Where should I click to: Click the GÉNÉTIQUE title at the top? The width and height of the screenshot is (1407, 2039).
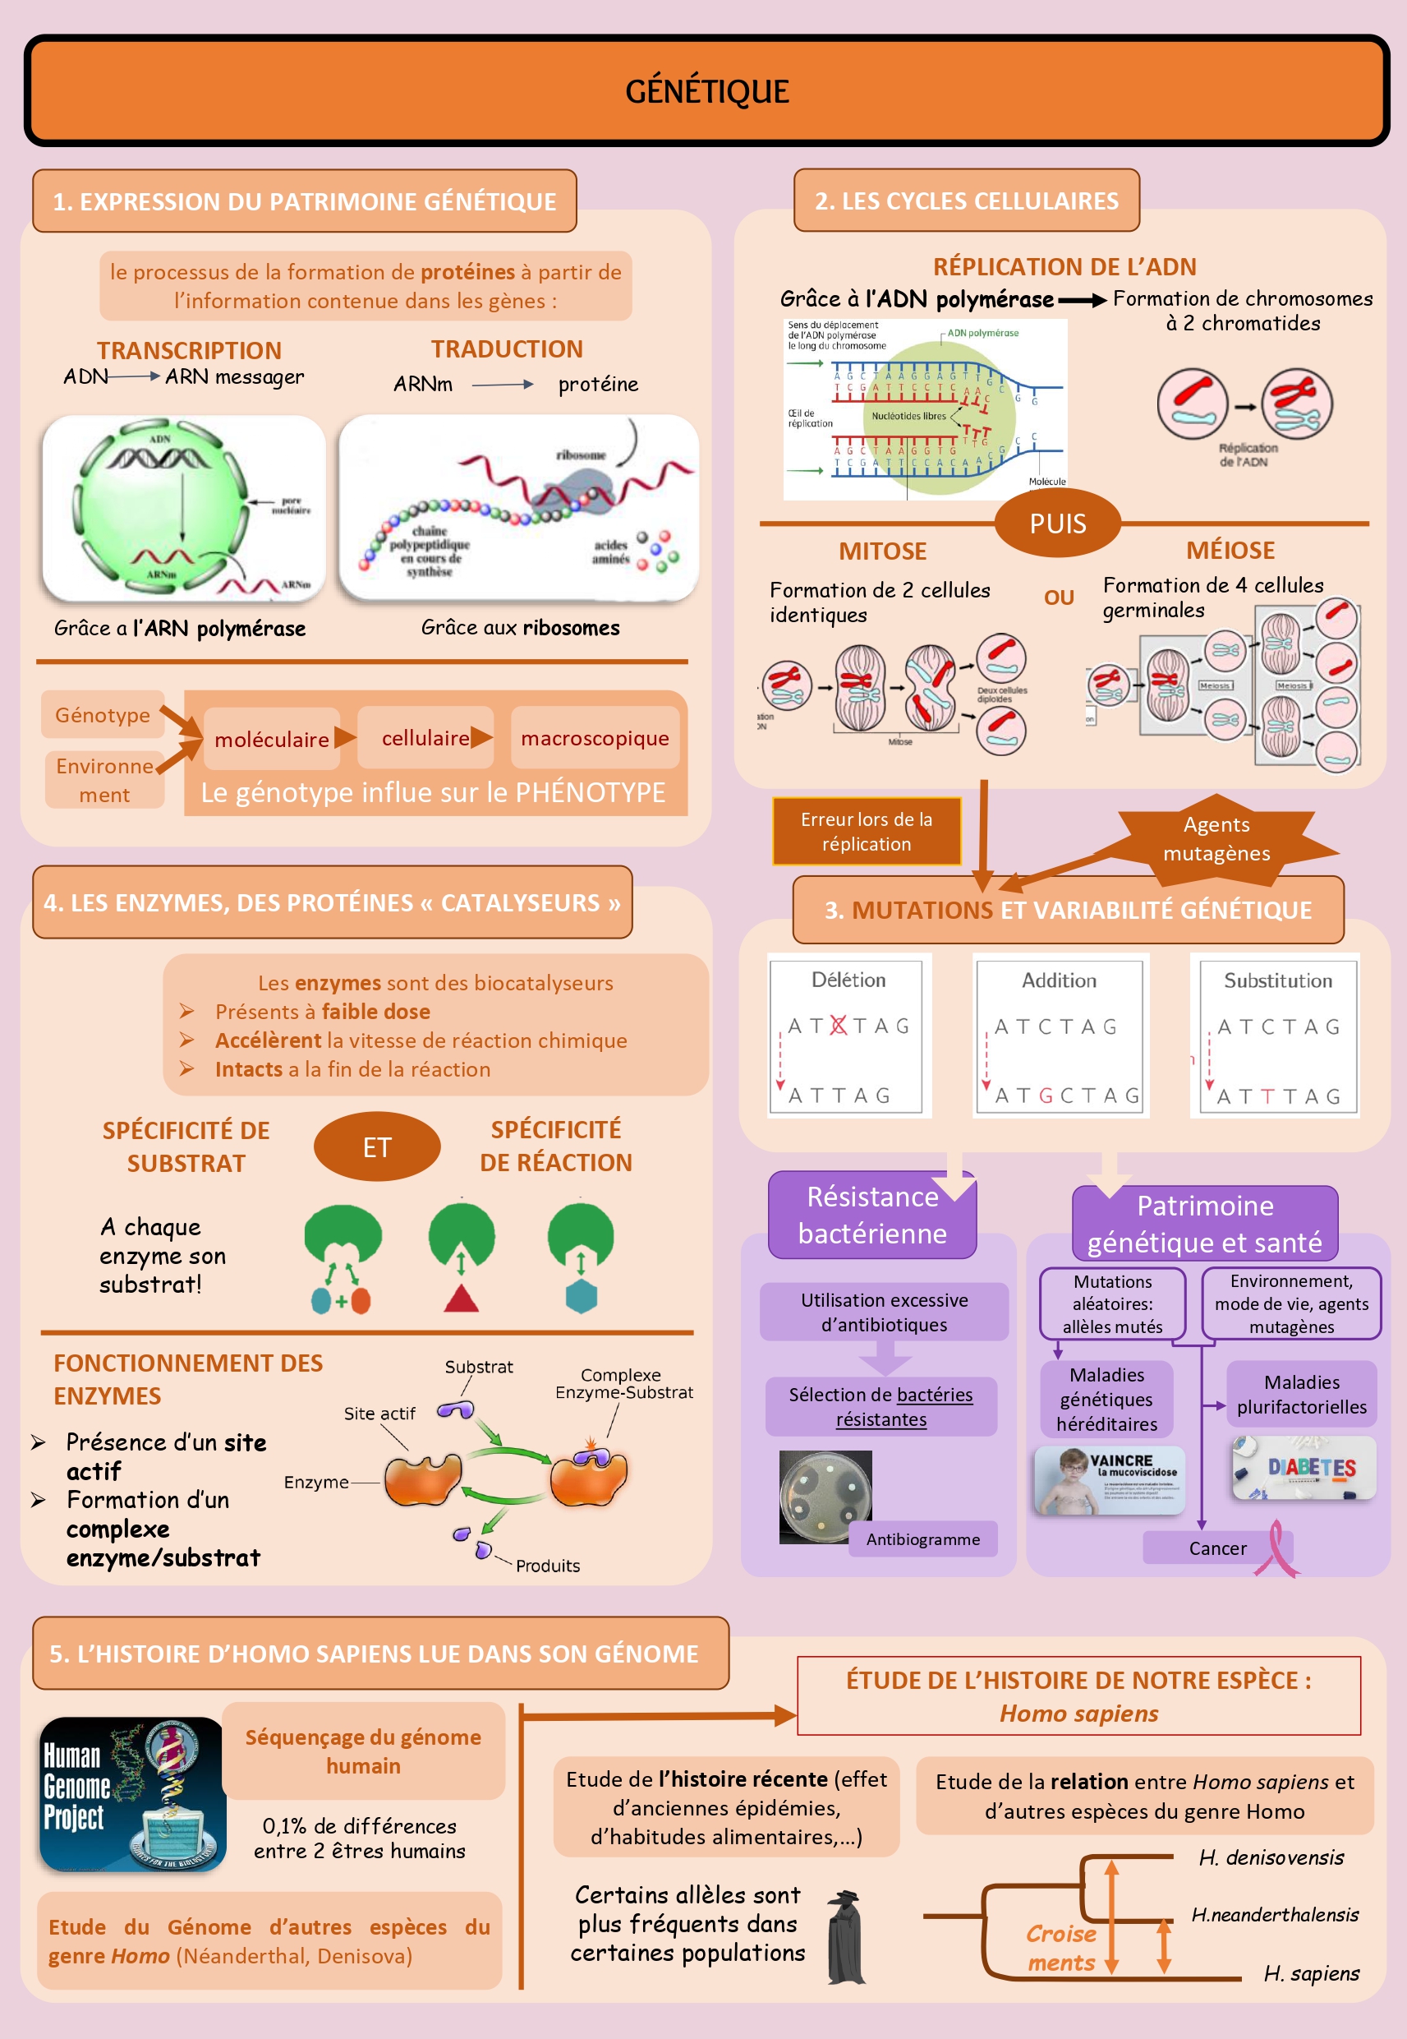pyautogui.click(x=706, y=91)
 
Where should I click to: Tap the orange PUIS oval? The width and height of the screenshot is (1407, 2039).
pyautogui.click(x=1057, y=523)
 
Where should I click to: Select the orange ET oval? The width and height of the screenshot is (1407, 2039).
pyautogui.click(x=376, y=1146)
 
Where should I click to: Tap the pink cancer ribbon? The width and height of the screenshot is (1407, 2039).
pyautogui.click(x=1277, y=1548)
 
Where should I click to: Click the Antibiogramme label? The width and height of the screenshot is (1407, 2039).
pyautogui.click(x=922, y=1539)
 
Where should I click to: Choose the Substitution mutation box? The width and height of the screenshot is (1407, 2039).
pyautogui.click(x=1276, y=1036)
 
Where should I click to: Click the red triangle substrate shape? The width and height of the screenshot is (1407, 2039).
pyautogui.click(x=461, y=1299)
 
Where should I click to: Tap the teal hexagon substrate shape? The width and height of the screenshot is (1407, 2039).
pyautogui.click(x=581, y=1296)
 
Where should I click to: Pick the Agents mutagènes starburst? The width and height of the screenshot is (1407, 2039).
pyautogui.click(x=1216, y=839)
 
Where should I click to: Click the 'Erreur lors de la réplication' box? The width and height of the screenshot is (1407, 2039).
pyautogui.click(x=866, y=831)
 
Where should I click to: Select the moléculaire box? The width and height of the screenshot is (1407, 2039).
pyautogui.click(x=272, y=738)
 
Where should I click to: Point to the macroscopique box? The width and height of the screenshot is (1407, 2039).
pyautogui.click(x=595, y=737)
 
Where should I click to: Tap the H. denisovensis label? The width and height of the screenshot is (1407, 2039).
pyautogui.click(x=1271, y=1857)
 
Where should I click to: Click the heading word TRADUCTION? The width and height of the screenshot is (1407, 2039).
pyautogui.click(x=507, y=349)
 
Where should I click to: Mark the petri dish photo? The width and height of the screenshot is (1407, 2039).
pyautogui.click(x=825, y=1496)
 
